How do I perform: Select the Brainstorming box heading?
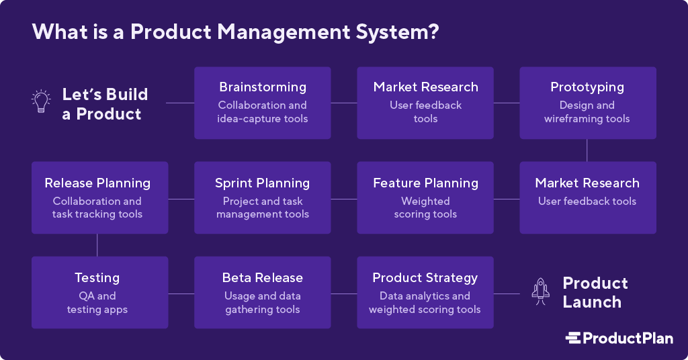[263, 87]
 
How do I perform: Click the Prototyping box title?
[587, 87]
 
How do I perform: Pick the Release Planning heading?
[97, 183]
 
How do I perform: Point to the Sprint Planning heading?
[263, 183]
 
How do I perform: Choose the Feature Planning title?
[425, 183]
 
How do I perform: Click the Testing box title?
[97, 278]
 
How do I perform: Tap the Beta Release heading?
[263, 278]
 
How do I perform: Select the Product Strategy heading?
[425, 278]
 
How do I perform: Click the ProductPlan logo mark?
[573, 338]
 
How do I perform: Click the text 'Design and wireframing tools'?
[587, 112]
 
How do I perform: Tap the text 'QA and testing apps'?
[97, 303]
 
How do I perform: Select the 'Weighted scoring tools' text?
[425, 208]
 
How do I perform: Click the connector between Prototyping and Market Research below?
[587, 150]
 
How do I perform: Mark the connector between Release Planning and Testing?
[97, 244]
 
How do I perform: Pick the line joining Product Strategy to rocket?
[507, 294]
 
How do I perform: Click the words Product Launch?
[595, 292]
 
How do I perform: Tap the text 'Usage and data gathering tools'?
[263, 303]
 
